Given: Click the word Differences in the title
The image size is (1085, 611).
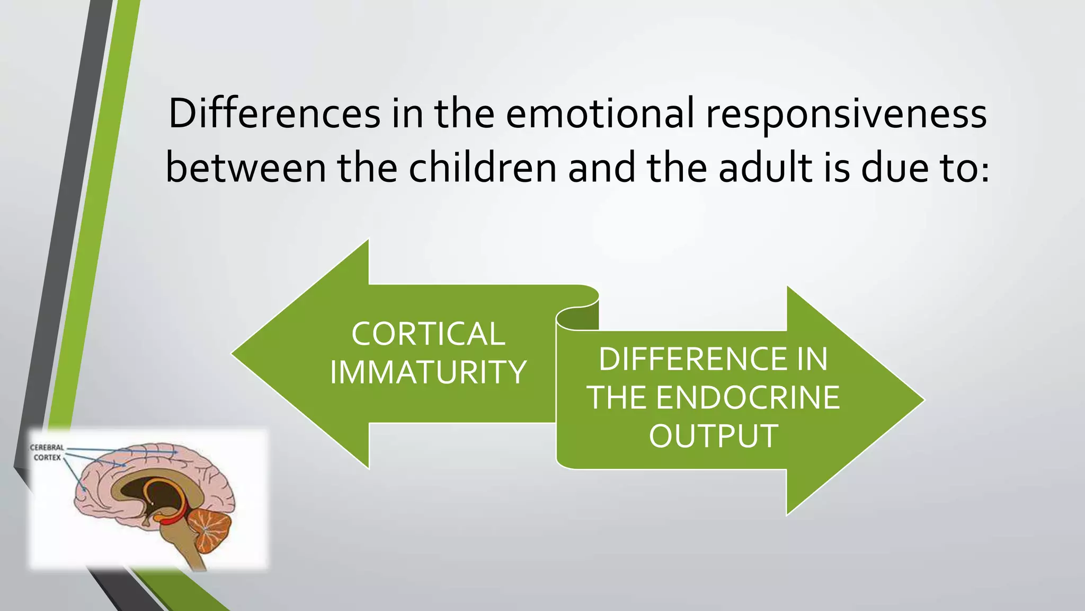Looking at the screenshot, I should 274,114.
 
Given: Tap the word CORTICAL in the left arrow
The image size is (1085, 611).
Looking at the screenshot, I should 428,334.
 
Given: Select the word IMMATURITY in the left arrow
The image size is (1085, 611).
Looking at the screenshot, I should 428,372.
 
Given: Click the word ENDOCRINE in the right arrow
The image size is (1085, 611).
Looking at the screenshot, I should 748,398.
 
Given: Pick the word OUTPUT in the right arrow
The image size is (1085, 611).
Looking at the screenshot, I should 713,436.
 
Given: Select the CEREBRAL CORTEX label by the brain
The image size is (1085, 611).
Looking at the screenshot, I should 47,452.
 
